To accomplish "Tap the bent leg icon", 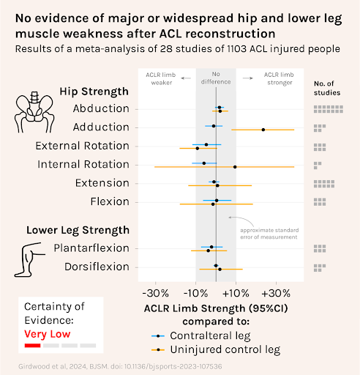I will click(x=29, y=257).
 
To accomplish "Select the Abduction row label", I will click(x=101, y=108).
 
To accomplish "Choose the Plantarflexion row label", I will click(x=91, y=248).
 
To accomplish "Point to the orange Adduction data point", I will click(x=263, y=130).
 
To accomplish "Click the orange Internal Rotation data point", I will click(x=235, y=167).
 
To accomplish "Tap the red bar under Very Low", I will click(x=32, y=344).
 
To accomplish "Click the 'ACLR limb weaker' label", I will click(x=161, y=78).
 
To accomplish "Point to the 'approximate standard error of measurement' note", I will click(x=269, y=234).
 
